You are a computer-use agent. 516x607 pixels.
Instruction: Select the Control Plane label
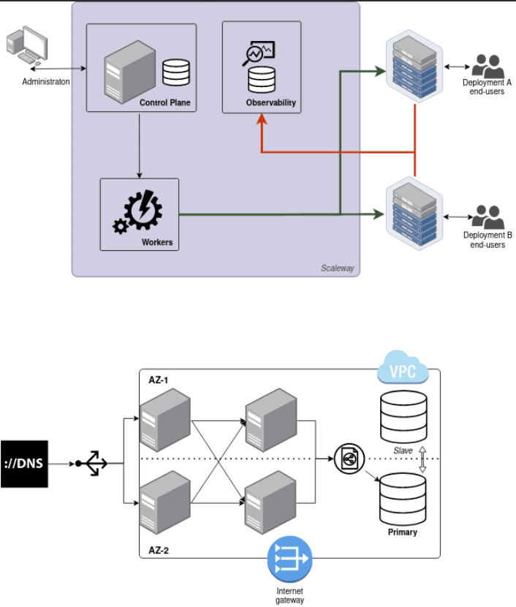164,103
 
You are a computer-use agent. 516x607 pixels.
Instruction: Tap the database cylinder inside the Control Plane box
175,72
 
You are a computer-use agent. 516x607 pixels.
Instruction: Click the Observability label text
270,103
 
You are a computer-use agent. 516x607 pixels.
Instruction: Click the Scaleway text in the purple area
337,268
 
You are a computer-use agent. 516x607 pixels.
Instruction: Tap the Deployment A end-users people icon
487,67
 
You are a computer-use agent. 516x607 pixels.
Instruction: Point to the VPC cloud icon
402,370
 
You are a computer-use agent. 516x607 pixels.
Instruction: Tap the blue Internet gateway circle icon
289,562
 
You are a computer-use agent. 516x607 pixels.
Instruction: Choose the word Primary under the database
403,532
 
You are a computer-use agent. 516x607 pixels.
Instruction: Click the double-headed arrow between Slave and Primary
422,458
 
